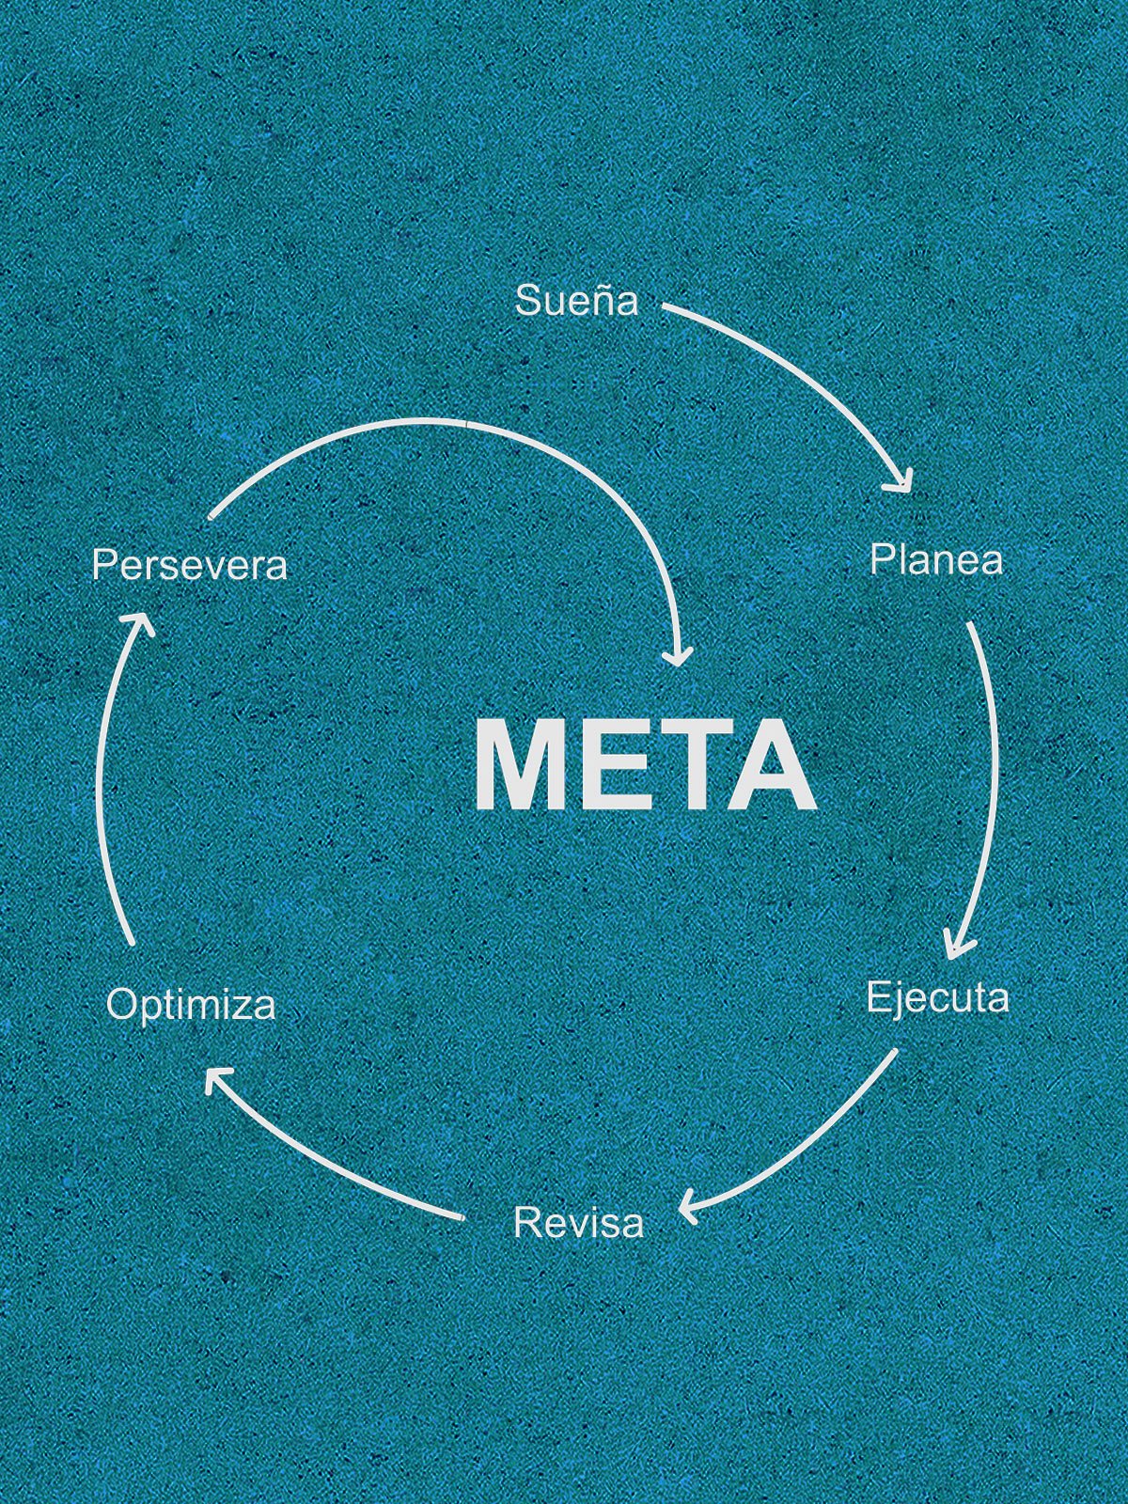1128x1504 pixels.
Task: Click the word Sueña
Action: (x=576, y=301)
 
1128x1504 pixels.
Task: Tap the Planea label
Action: (x=935, y=560)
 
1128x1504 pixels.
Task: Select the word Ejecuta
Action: (x=937, y=997)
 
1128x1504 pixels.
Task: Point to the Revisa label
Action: (x=578, y=1223)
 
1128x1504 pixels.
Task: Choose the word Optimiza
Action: (x=191, y=1005)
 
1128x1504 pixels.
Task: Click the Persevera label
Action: (x=189, y=566)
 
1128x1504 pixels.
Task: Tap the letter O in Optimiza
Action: (x=119, y=1005)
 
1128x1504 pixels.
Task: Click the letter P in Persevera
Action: (x=103, y=566)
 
